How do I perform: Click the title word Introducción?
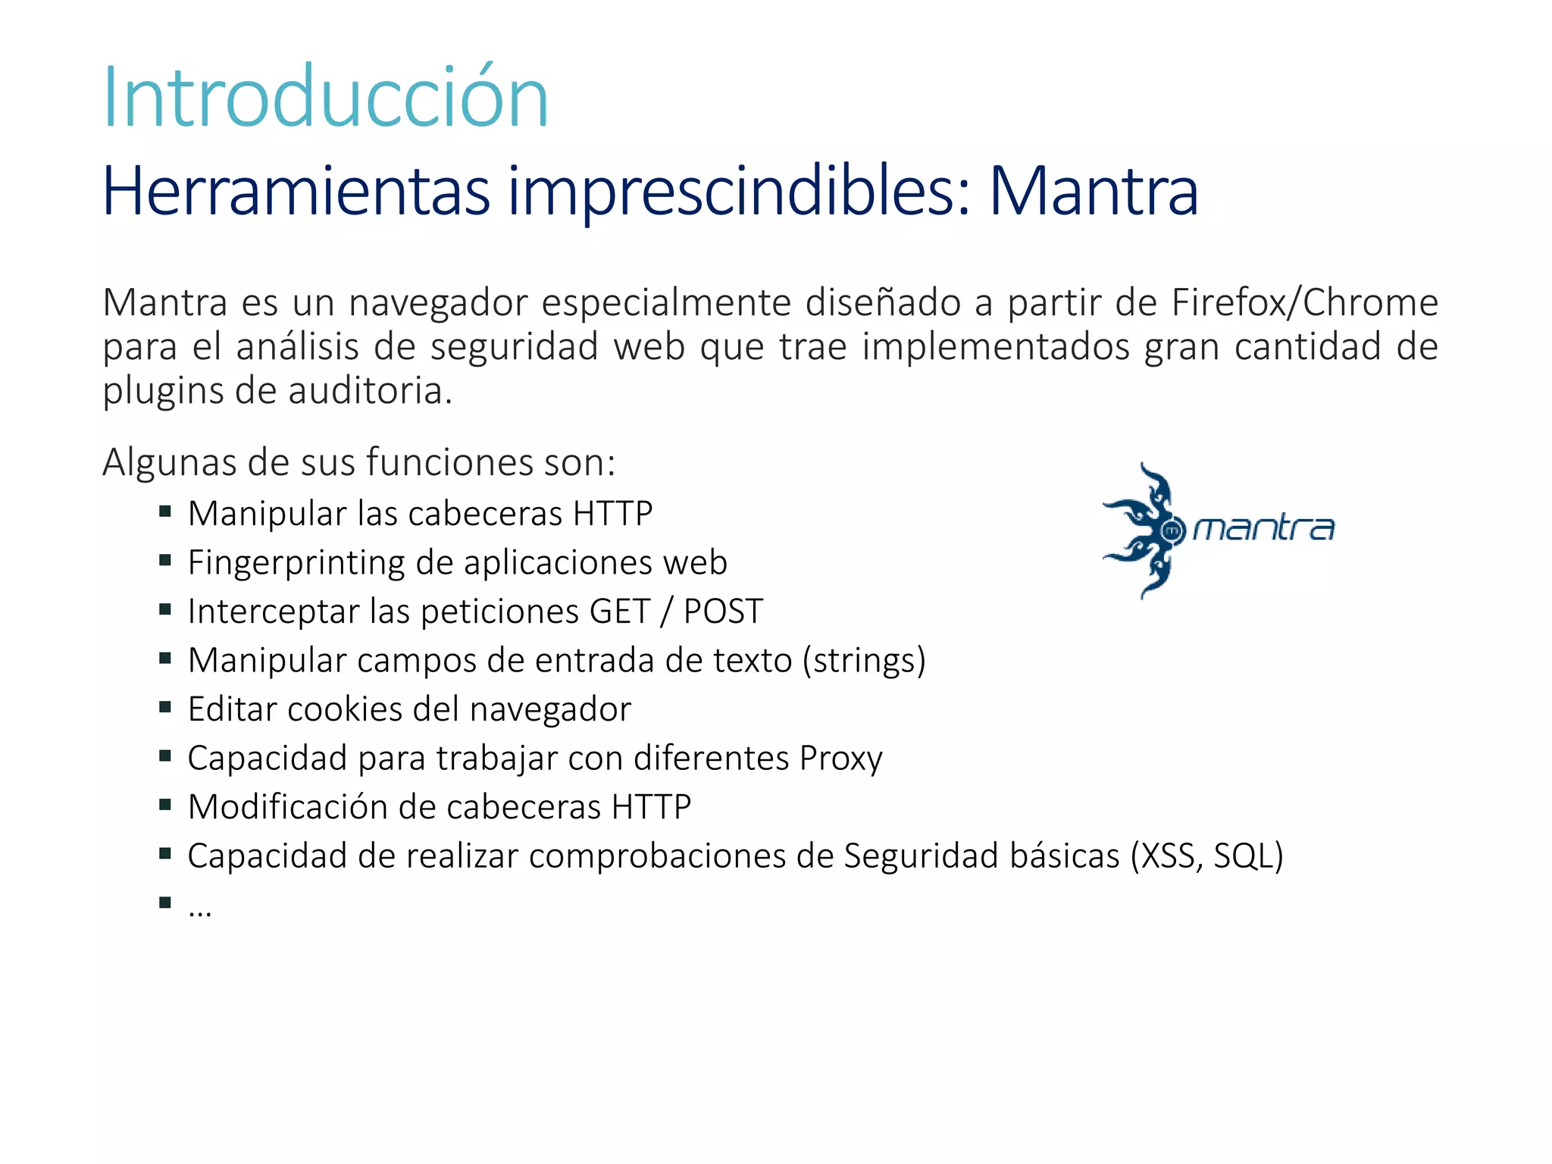point(325,98)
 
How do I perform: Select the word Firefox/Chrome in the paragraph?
point(1304,302)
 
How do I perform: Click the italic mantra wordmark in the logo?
point(1263,529)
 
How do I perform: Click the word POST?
point(723,612)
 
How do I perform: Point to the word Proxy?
point(841,758)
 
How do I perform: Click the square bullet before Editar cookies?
point(165,707)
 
